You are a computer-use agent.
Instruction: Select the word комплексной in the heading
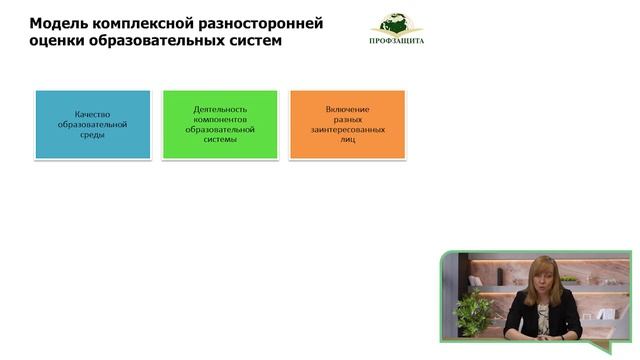click(155, 22)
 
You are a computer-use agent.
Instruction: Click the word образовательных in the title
click(162, 42)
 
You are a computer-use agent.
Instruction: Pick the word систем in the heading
click(255, 42)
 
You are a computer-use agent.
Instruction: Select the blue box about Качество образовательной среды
click(92, 124)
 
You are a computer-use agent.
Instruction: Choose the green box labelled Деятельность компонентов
click(219, 124)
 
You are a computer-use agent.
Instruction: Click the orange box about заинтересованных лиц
click(347, 124)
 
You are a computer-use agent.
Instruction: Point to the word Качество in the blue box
click(92, 113)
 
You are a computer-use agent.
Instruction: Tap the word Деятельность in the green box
click(219, 108)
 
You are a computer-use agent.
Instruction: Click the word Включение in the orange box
click(347, 108)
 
